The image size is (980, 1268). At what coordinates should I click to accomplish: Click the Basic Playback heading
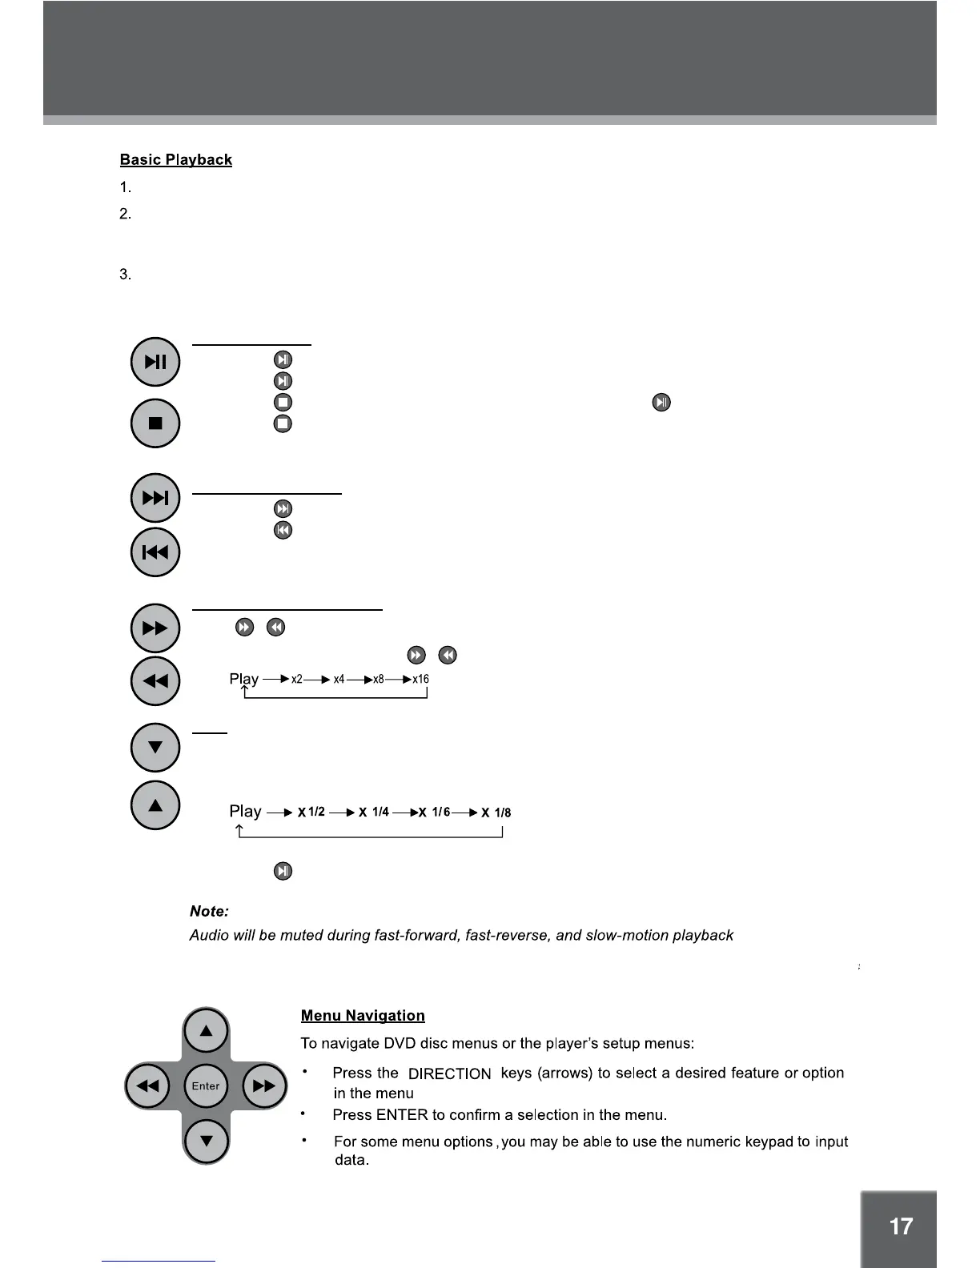coord(175,160)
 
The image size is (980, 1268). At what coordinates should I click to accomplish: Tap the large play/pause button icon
coord(155,362)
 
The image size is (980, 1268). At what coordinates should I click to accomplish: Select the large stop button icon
coord(155,423)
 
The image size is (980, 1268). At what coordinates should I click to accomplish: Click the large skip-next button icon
coord(155,498)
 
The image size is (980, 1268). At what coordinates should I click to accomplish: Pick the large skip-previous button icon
coord(155,552)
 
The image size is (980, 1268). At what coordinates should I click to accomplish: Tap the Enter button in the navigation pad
coord(206,1086)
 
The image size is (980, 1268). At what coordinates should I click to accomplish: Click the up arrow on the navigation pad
coord(207,1031)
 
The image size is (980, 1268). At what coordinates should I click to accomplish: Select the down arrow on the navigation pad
coord(207,1141)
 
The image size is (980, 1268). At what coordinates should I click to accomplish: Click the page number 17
coord(901,1227)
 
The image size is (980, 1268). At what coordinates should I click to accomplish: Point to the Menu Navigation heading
coord(363,1016)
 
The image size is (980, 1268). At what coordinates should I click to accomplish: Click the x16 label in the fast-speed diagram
coord(420,680)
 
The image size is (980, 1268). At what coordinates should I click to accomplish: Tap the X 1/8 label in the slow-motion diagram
coord(496,813)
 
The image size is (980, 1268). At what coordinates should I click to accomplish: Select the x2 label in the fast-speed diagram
coord(297,680)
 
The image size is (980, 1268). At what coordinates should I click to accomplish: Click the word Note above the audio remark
coord(209,912)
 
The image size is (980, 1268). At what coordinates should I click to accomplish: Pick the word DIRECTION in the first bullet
coord(449,1074)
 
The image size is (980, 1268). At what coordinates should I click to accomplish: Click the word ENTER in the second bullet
coord(402,1115)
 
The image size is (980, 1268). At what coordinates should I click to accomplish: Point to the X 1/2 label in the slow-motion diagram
coord(311,813)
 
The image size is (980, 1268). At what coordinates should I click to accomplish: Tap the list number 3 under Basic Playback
coord(125,275)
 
